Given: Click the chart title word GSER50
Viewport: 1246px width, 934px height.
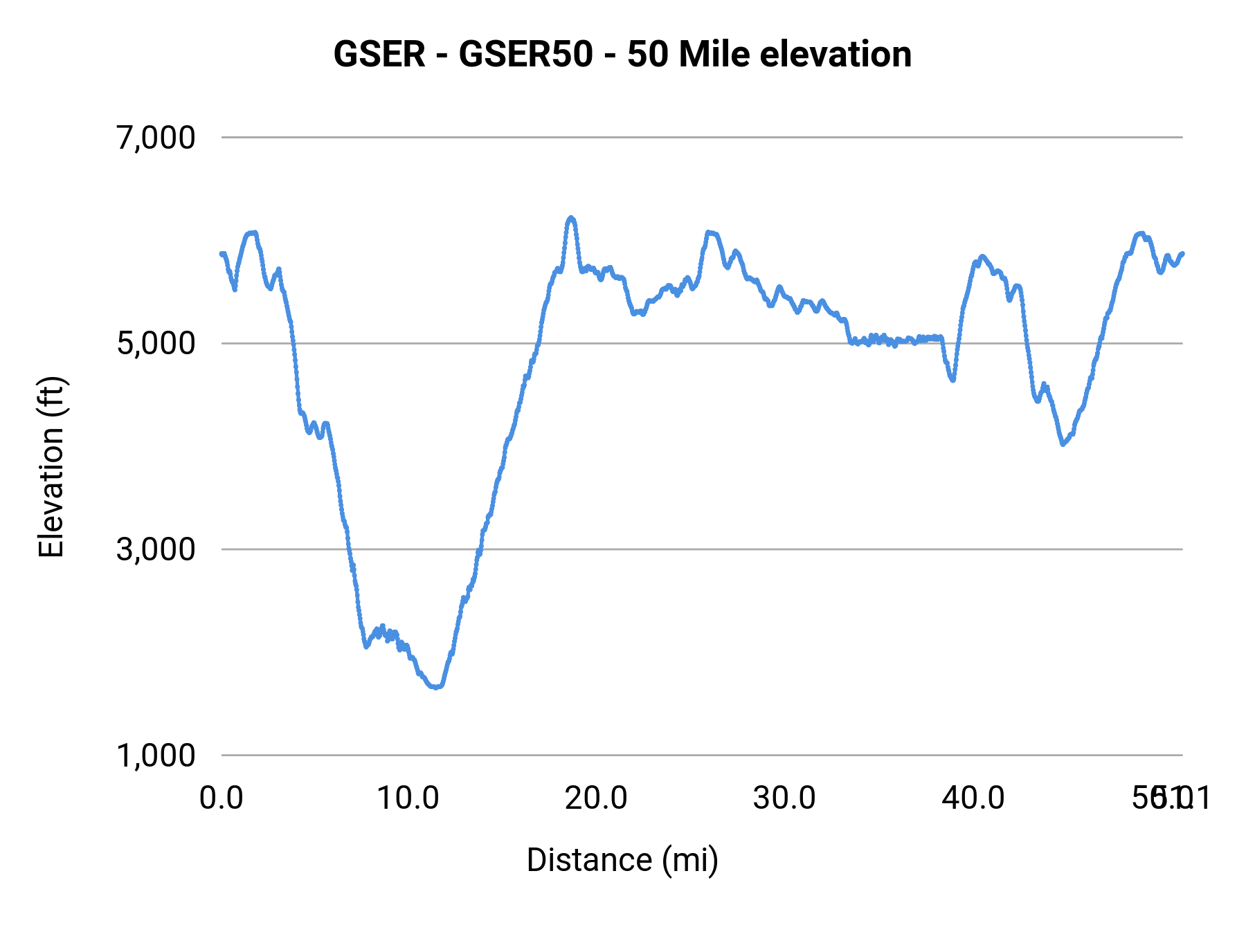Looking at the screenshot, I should pyautogui.click(x=525, y=55).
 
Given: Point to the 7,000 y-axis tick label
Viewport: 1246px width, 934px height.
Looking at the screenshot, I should pyautogui.click(x=156, y=138).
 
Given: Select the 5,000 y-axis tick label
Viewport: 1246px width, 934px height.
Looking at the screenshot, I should pyautogui.click(x=156, y=343).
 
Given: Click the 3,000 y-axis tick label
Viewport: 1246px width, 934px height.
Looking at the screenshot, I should pyautogui.click(x=156, y=549).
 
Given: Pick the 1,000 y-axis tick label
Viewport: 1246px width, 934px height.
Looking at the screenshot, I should pyautogui.click(x=156, y=755).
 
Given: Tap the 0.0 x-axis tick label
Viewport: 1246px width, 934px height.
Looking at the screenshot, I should pyautogui.click(x=222, y=798).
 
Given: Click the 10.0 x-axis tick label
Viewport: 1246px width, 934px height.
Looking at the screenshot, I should pyautogui.click(x=408, y=798).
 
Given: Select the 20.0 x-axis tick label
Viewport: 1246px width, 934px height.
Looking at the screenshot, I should pyautogui.click(x=596, y=798).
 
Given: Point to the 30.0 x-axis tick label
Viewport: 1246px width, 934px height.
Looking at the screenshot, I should pyautogui.click(x=784, y=798).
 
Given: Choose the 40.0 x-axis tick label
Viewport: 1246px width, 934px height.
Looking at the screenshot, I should pyautogui.click(x=973, y=798).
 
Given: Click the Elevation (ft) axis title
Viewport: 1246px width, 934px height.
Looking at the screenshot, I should pyautogui.click(x=51, y=467).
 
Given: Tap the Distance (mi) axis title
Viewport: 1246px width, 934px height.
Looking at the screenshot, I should pyautogui.click(x=622, y=860).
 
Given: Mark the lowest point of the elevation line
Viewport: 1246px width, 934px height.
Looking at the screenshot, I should pyautogui.click(x=435, y=687).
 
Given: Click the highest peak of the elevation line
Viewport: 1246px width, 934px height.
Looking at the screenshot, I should pyautogui.click(x=570, y=218).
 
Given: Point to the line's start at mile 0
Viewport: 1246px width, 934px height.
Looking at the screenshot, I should pyautogui.click(x=222, y=254).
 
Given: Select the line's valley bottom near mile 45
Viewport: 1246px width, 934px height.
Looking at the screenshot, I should pyautogui.click(x=1063, y=443).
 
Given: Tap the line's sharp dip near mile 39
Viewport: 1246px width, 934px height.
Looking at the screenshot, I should pyautogui.click(x=953, y=380).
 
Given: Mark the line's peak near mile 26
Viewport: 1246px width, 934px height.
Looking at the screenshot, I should pyautogui.click(x=708, y=232).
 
